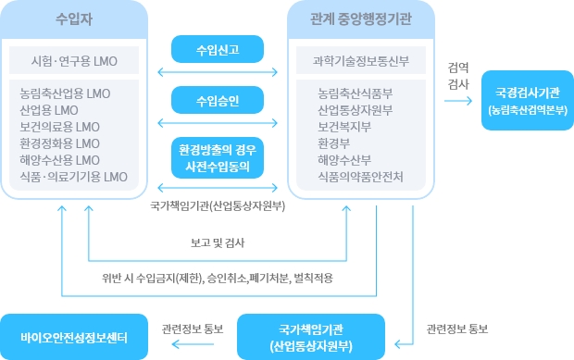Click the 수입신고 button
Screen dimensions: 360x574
click(218, 49)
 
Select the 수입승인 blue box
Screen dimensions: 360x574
click(218, 98)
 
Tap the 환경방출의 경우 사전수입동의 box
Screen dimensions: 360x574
click(218, 158)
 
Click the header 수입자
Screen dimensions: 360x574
click(74, 19)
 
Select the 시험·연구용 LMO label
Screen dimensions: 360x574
click(74, 62)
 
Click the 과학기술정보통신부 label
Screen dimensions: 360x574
click(361, 62)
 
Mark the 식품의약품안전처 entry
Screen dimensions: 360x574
click(359, 176)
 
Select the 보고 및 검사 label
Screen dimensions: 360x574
click(218, 243)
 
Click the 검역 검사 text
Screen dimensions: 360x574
click(457, 76)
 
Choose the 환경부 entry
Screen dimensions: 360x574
click(334, 143)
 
